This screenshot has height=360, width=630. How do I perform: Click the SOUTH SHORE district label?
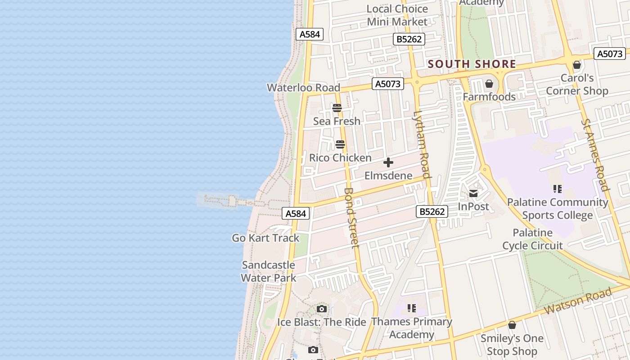click(x=472, y=64)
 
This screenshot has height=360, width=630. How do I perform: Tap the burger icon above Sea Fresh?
click(x=337, y=108)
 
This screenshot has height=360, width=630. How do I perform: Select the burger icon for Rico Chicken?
click(x=340, y=144)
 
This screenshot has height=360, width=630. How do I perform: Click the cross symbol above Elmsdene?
click(x=388, y=162)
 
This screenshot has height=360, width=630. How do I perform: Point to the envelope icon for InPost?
click(x=473, y=193)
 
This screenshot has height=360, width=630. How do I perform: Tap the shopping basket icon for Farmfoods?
click(x=489, y=84)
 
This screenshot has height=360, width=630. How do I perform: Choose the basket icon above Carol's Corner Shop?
click(x=577, y=65)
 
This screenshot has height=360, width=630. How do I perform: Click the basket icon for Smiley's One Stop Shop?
click(x=512, y=325)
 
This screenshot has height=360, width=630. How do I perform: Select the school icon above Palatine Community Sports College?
click(x=558, y=189)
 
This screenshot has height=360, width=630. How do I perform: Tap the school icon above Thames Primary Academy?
click(x=412, y=308)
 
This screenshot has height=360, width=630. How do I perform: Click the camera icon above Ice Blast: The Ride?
click(x=321, y=309)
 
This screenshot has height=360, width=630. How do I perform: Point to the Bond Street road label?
click(x=351, y=217)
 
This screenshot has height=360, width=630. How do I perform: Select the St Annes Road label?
click(x=595, y=155)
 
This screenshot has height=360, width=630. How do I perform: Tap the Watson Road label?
click(x=578, y=301)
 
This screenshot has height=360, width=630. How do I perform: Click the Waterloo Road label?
click(x=303, y=87)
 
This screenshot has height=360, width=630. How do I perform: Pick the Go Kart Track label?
click(x=265, y=238)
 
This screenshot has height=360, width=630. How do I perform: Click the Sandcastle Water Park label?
click(x=269, y=271)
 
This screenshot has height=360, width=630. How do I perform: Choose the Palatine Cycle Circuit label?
click(x=532, y=239)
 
